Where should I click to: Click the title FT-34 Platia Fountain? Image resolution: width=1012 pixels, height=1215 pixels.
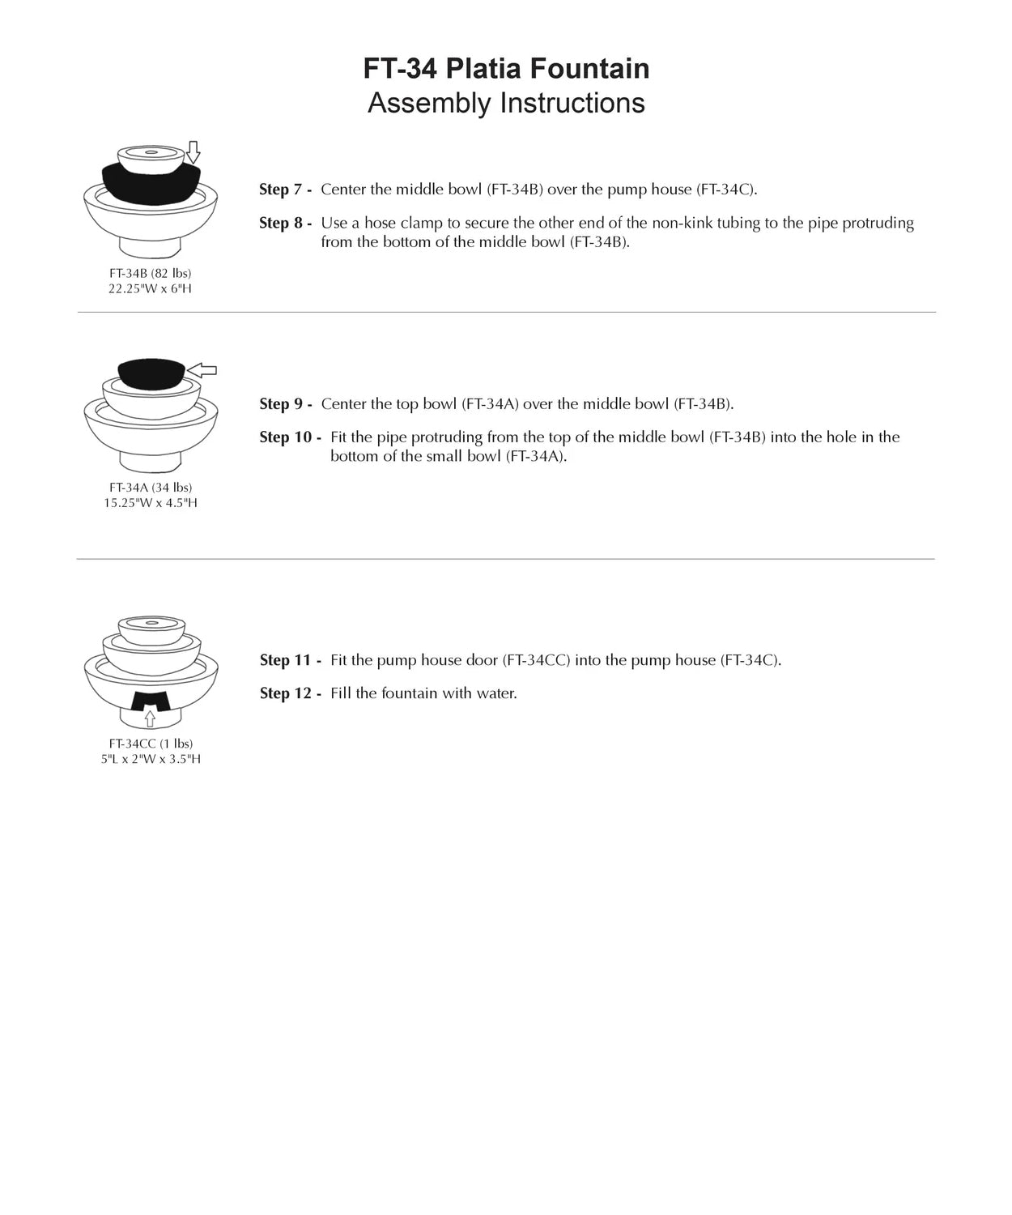(x=506, y=69)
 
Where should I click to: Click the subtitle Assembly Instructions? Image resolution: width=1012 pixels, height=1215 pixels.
(x=506, y=104)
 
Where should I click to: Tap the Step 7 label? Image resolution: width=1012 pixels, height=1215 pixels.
(x=285, y=190)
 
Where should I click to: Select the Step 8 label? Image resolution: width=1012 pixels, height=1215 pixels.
(x=285, y=223)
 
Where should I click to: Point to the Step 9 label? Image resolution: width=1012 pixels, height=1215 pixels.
(x=285, y=404)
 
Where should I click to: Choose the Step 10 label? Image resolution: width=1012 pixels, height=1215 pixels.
(x=290, y=437)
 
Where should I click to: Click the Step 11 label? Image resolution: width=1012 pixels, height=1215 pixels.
(x=290, y=660)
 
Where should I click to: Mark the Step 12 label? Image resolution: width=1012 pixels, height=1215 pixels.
(x=290, y=693)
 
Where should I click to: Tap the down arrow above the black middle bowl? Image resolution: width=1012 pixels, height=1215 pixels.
(x=193, y=151)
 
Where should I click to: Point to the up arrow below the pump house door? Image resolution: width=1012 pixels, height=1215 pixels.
(x=150, y=718)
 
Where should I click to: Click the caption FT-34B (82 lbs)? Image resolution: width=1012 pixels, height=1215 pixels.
(x=151, y=274)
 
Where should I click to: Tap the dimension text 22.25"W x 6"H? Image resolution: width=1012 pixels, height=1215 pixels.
(x=151, y=289)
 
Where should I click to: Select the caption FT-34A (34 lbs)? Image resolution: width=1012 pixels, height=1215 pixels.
(x=151, y=488)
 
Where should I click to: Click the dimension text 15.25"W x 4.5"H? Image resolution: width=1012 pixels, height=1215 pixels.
(x=151, y=503)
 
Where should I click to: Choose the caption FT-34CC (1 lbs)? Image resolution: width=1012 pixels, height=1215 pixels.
(x=151, y=744)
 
